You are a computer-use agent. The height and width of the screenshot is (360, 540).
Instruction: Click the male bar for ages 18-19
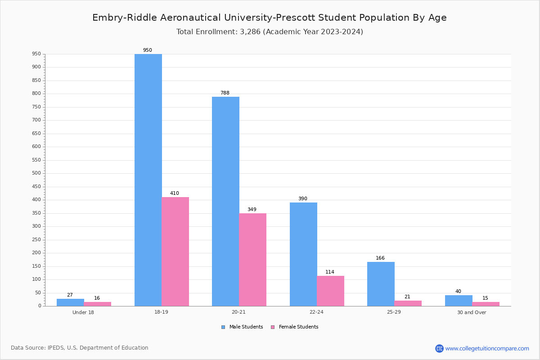click(x=148, y=180)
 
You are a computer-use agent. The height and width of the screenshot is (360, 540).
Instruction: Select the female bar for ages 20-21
click(x=252, y=260)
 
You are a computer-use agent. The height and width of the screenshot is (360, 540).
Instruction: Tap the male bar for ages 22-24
click(x=303, y=254)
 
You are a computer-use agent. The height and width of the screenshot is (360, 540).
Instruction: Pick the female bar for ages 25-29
click(x=408, y=303)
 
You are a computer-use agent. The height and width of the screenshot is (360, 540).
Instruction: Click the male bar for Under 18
click(x=70, y=302)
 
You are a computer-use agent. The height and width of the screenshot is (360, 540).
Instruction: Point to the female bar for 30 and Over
click(x=486, y=304)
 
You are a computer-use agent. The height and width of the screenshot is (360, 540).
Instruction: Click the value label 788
click(x=225, y=93)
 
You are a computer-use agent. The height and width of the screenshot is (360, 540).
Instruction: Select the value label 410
click(x=174, y=193)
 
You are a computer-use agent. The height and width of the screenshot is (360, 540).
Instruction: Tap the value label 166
click(x=380, y=258)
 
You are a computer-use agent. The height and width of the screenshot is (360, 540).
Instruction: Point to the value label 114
click(x=330, y=272)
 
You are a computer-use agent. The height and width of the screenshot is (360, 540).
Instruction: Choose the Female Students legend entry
click(x=295, y=327)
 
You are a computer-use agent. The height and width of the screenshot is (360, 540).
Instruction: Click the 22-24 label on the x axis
click(x=316, y=312)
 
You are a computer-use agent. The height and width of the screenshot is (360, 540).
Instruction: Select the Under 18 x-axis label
click(x=83, y=312)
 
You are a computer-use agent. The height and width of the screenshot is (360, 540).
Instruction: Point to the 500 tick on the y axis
click(x=36, y=173)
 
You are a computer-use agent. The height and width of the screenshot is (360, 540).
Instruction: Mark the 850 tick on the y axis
click(x=36, y=81)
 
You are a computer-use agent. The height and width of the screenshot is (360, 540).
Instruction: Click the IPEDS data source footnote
click(x=80, y=348)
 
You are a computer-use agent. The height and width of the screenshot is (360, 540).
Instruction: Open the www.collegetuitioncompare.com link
click(x=487, y=348)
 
